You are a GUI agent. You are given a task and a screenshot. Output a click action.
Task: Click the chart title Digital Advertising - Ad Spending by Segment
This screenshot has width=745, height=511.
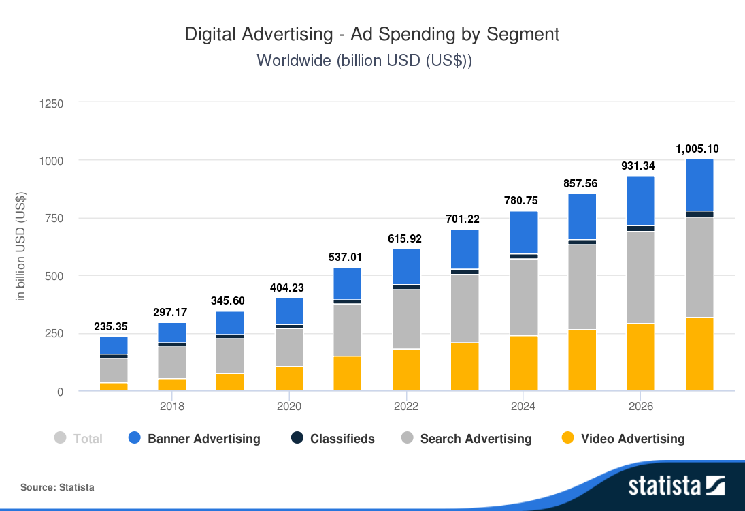pos(372,34)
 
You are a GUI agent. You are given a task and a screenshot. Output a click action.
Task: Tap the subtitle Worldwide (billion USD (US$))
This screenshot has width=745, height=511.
pos(364,60)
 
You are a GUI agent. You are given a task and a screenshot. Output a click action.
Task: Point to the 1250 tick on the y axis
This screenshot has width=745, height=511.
pos(51,104)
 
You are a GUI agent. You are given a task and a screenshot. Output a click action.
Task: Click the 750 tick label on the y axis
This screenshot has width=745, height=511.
pos(54,219)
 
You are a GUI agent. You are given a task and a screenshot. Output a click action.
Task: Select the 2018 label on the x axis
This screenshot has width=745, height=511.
pos(172,407)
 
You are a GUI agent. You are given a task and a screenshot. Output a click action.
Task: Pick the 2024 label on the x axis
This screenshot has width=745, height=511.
pos(523,407)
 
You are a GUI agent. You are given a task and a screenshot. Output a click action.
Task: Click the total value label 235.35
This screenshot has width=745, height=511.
pos(114,327)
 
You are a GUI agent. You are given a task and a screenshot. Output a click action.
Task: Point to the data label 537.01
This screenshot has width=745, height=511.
pos(347,258)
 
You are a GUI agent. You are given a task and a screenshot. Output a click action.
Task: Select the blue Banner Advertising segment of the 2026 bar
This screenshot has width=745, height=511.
pos(640,201)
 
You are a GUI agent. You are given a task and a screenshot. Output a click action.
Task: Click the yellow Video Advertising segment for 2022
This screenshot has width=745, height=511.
pos(406,370)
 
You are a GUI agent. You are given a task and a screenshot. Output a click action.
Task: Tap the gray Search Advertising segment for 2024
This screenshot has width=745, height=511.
pos(523,297)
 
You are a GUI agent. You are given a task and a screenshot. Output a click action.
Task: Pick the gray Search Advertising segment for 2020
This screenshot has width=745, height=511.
pos(289,347)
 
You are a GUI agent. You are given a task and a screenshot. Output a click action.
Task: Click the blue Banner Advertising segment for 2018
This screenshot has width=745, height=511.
pos(172,332)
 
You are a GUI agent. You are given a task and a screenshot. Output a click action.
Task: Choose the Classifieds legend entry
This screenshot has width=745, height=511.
pos(333,439)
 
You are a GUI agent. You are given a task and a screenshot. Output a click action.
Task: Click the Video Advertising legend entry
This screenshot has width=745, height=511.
pos(623,439)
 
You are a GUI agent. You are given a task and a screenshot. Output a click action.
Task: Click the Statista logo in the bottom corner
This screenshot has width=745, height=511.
pos(676,486)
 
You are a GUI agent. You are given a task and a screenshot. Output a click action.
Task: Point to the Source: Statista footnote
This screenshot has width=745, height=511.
pos(57,487)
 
